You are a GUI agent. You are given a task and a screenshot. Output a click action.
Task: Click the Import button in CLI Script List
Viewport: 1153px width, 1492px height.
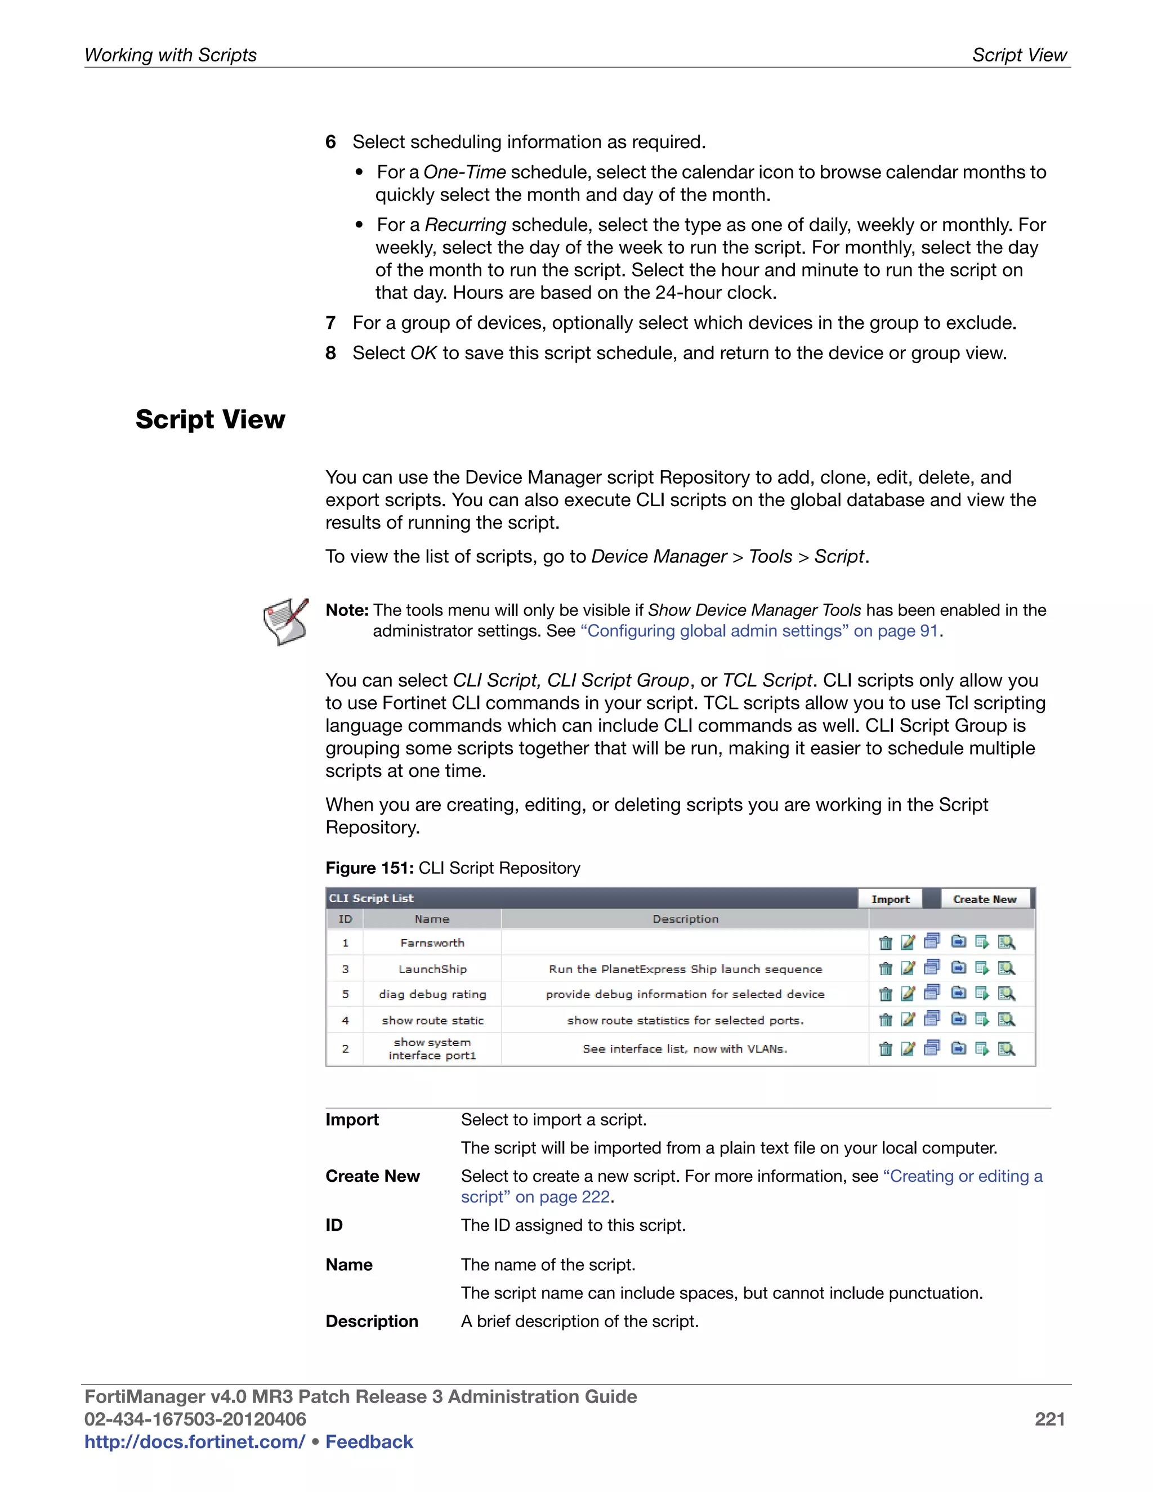(890, 899)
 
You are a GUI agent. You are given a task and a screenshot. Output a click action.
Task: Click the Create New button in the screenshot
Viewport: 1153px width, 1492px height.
(984, 899)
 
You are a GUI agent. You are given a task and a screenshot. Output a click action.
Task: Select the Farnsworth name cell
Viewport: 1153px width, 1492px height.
(432, 942)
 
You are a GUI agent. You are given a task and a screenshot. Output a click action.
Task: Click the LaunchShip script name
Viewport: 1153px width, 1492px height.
(432, 969)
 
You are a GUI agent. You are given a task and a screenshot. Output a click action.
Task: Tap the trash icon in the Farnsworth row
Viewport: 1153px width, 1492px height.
(885, 942)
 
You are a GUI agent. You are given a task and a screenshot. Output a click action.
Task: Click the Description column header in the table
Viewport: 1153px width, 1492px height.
(685, 919)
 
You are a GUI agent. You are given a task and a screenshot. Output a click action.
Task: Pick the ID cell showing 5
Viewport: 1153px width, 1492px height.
(345, 994)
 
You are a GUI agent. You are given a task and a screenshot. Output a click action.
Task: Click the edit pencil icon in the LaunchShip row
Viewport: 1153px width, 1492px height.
(908, 968)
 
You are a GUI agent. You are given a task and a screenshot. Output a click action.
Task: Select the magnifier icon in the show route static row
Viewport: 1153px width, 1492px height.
(1005, 1020)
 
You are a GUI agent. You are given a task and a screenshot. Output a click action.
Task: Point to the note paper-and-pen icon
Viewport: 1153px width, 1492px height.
(285, 621)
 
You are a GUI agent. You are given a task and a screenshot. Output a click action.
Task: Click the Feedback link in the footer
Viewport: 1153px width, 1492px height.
(369, 1441)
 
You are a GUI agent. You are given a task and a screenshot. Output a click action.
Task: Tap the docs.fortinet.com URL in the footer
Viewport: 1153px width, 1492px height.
(194, 1441)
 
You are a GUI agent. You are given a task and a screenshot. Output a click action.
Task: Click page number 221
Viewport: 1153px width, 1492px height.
(1049, 1419)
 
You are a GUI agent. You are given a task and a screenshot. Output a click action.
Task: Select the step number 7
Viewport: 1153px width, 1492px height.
(330, 323)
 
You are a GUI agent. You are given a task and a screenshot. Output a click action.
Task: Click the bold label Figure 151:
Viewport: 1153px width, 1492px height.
(369, 868)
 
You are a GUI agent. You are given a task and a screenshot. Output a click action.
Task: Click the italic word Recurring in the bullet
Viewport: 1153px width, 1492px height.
(465, 225)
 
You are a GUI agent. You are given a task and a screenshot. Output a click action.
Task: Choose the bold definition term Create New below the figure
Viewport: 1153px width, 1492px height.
(372, 1176)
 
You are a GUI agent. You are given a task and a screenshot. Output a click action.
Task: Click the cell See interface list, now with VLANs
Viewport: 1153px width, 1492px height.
(685, 1049)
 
